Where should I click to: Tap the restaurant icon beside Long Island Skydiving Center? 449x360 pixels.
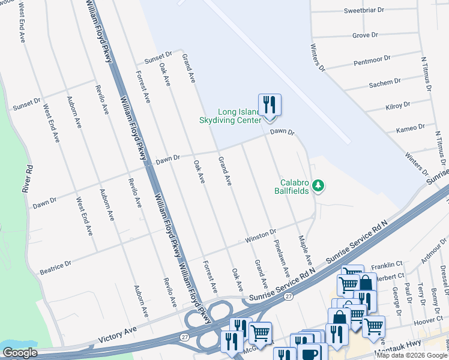point(270,106)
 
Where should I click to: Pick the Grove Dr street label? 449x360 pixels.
point(365,35)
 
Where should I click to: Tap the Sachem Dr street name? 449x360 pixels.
point(385,83)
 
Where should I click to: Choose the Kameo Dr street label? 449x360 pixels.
point(411,128)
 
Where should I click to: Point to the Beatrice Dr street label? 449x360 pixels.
point(55,263)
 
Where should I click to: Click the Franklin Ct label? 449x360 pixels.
point(386,265)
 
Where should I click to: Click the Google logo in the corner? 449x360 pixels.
point(20,353)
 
